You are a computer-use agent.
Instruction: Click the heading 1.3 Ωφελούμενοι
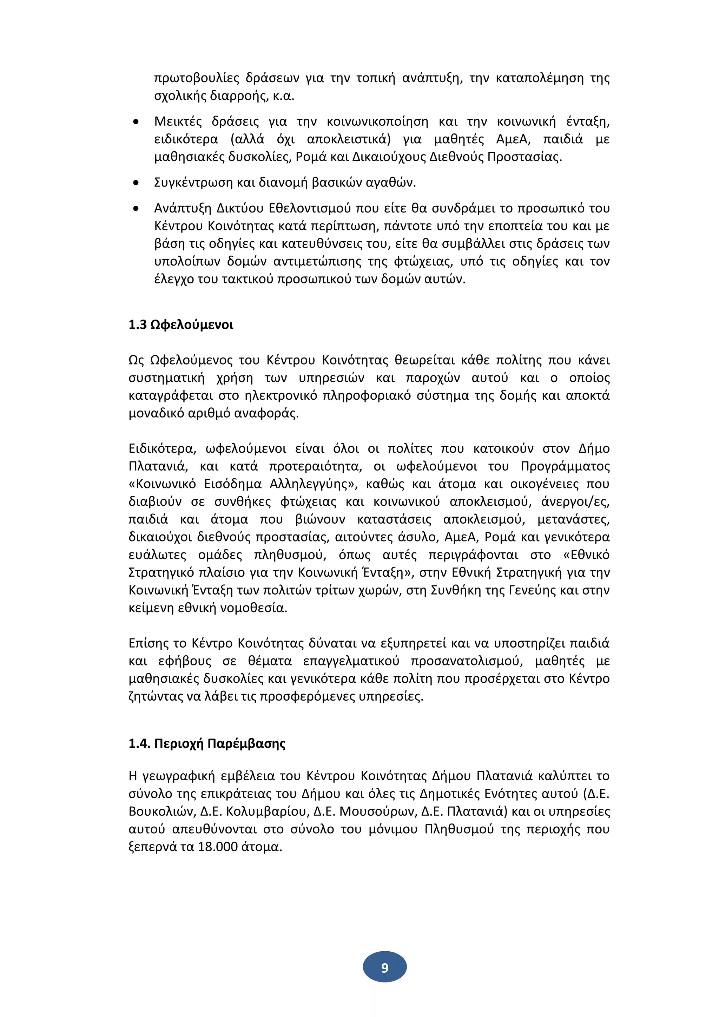[x=181, y=325]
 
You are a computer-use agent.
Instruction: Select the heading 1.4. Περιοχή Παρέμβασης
[x=207, y=744]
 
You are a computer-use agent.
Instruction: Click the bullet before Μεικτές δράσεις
[x=136, y=122]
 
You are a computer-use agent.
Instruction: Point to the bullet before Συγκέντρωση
[x=136, y=183]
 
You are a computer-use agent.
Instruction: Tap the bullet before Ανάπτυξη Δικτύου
[x=136, y=209]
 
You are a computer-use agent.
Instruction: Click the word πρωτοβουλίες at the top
[x=197, y=78]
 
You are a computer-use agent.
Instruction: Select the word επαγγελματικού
[x=351, y=661]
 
